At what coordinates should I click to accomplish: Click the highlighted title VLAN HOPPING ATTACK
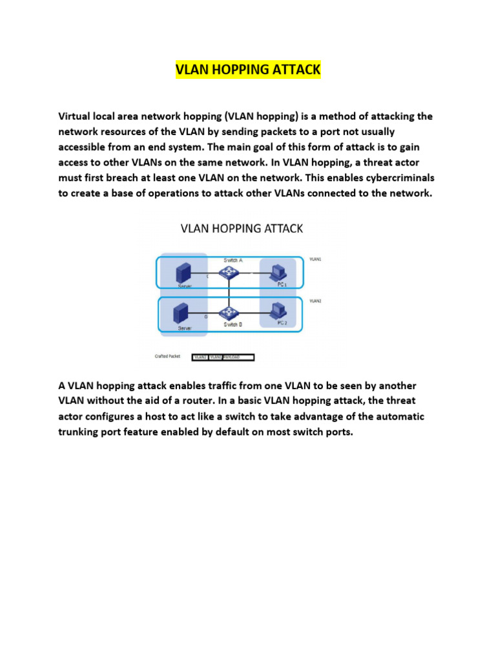coord(247,70)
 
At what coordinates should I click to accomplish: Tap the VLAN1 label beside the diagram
coord(315,258)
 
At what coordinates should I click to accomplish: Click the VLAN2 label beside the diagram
coord(315,301)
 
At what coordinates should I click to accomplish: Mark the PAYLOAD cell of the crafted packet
coord(238,357)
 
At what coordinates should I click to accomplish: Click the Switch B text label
coord(232,325)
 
